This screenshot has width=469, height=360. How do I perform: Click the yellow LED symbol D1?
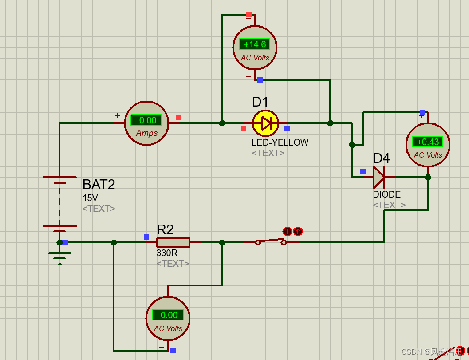pos(265,123)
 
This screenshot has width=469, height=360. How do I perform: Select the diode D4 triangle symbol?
pos(378,177)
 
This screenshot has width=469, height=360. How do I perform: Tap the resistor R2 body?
pos(173,242)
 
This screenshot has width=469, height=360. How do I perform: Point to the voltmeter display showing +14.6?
pos(255,44)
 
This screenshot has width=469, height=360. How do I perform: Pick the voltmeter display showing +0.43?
pos(428,142)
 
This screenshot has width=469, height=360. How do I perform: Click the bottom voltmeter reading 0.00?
pos(168,315)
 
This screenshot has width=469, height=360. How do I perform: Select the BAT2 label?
pos(99,184)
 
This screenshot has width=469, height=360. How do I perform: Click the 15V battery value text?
pos(90,198)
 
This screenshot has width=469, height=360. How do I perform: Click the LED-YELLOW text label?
pos(280,142)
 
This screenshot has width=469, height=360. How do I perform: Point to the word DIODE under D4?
pos(386,194)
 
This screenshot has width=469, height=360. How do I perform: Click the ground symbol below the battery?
pos(59,257)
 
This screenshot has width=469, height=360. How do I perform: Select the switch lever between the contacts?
pos(270,241)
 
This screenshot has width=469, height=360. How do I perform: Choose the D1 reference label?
pos(260,102)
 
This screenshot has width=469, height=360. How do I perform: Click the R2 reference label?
pos(165,229)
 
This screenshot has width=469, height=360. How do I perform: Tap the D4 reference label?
pos(381,158)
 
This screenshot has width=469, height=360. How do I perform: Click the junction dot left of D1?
pos(222,123)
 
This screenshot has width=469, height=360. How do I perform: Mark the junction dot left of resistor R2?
pos(114,242)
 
